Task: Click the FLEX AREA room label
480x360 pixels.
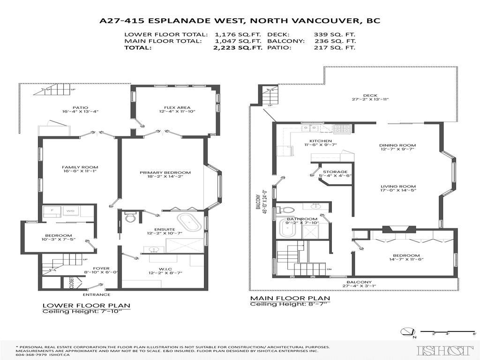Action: click(170, 106)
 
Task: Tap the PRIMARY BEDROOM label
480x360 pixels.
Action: click(165, 172)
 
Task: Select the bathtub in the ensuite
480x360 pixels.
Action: click(187, 220)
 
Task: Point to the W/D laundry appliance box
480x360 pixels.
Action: click(70, 211)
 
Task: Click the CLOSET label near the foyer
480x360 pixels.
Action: click(72, 283)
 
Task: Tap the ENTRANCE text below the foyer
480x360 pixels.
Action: click(97, 294)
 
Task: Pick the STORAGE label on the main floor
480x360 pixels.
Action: click(335, 172)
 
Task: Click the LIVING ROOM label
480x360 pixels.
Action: click(397, 186)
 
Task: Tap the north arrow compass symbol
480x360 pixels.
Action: click(406, 333)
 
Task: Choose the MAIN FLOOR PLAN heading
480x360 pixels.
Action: click(290, 298)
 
